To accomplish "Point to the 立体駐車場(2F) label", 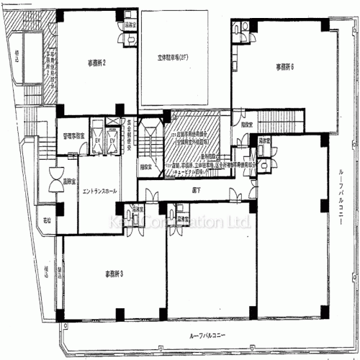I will coord(174,57).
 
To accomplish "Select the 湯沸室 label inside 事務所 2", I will coord(132,24).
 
